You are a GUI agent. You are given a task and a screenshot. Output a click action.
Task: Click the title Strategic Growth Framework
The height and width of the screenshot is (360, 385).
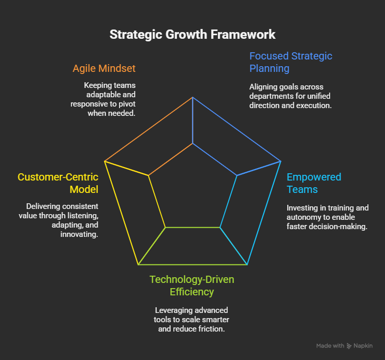(x=192, y=35)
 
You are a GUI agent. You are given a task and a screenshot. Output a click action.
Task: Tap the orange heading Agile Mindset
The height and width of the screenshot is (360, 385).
(x=104, y=68)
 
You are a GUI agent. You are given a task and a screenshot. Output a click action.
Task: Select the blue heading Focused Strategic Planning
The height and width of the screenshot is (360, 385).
(x=291, y=63)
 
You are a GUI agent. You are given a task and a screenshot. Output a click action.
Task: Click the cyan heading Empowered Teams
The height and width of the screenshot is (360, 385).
(x=314, y=183)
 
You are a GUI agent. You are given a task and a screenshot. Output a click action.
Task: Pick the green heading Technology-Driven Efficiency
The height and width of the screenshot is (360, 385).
(x=192, y=286)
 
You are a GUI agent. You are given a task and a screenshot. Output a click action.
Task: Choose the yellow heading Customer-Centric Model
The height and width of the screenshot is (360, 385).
(x=58, y=183)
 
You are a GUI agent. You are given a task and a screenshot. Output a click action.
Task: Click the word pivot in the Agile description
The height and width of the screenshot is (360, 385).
(x=127, y=104)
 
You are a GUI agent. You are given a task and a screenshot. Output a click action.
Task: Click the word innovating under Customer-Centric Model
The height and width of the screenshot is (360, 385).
(x=79, y=235)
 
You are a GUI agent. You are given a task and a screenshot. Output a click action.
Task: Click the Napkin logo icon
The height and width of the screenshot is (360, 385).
(x=349, y=346)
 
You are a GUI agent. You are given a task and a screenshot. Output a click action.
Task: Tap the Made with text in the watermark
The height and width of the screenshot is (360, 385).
(x=330, y=346)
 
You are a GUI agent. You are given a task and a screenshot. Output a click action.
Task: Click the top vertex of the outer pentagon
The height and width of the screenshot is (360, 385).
(x=192, y=97)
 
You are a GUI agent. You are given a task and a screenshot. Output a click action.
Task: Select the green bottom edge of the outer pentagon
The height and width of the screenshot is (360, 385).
(x=192, y=265)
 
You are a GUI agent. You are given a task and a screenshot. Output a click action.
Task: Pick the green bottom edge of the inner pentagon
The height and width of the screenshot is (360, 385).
(x=192, y=228)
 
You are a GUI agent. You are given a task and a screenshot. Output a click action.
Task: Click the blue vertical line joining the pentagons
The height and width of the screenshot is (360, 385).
(x=192, y=120)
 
